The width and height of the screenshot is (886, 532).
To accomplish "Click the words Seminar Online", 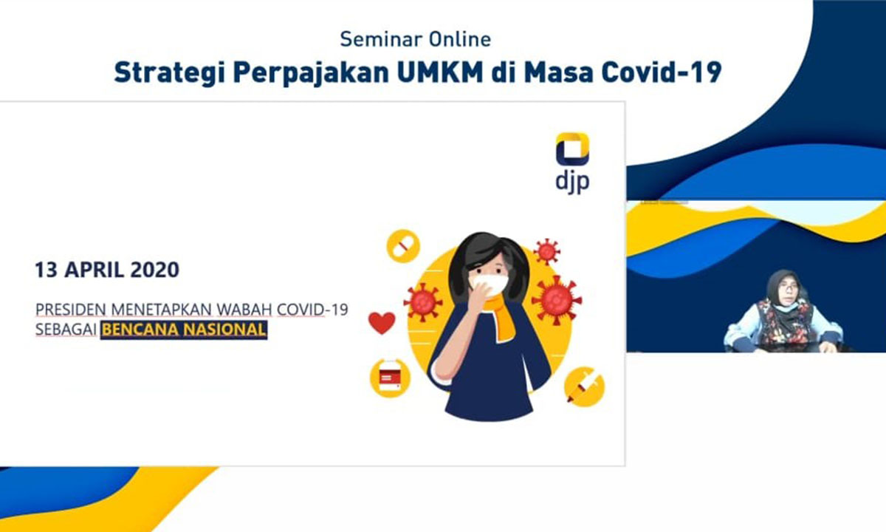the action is coord(415,39).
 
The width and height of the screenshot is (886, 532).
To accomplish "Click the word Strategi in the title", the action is coord(168,73).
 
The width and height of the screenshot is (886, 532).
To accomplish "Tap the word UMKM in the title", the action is coord(440,72).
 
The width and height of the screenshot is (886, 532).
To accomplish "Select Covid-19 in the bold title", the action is coord(662,72).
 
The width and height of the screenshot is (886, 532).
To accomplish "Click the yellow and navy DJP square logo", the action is coord(572,149).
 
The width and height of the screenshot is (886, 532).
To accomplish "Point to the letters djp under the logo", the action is coord(572,183).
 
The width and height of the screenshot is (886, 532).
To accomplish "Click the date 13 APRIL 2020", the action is coord(107,270).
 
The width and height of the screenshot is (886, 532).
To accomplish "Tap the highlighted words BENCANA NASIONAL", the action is coord(184,330).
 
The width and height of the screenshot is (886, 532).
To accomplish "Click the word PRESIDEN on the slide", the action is coord(72,310).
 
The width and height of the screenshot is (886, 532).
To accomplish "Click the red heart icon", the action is coord(382,323).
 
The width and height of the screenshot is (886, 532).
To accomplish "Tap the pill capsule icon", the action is coord(403,246).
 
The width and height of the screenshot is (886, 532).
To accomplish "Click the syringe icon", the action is coord(584,386).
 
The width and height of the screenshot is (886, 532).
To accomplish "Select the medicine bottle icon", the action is coord(390,378).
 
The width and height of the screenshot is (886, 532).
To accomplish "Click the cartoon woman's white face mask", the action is coord(488,284).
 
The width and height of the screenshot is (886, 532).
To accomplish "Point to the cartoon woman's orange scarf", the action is coord(501,316).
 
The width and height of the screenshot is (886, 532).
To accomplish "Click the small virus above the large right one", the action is coord(546,251).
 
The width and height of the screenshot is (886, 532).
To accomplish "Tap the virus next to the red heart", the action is coord(423,302).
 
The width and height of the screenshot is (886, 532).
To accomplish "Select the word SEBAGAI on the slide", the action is coord(66,330).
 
